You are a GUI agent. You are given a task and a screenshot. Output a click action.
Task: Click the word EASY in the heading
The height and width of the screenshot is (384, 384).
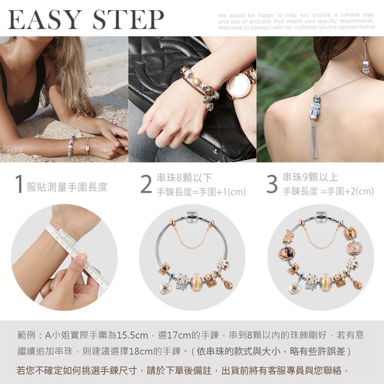[x=44, y=19]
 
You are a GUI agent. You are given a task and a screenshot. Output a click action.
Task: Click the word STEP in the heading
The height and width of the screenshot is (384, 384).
[x=128, y=19]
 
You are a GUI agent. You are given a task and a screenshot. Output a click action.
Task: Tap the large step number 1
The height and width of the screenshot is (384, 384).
[x=19, y=184]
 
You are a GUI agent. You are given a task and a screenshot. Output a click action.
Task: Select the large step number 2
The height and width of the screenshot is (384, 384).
[x=146, y=184]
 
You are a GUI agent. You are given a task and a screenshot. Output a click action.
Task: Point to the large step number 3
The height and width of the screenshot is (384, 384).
[x=272, y=184]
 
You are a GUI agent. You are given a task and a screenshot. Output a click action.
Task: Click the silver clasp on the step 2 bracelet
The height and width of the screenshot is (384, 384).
[x=192, y=217]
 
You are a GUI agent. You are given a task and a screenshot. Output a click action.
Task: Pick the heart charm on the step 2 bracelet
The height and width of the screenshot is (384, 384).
[x=164, y=289]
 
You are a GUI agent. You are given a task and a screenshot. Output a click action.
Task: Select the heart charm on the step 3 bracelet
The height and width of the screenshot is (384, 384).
[x=294, y=289]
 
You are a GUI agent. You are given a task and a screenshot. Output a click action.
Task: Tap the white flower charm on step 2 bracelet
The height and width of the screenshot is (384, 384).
[x=223, y=265]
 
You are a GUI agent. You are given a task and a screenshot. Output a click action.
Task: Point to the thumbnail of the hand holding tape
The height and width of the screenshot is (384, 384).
[x=64, y=258]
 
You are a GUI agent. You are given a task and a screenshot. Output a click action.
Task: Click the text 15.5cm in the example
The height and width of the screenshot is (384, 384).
[x=132, y=335]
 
